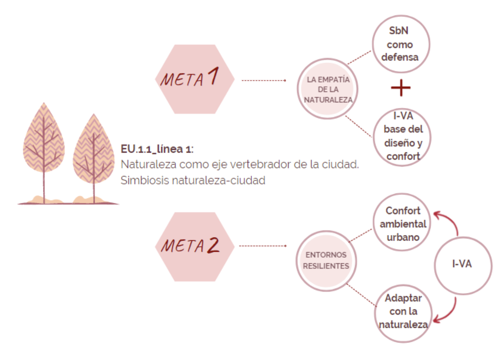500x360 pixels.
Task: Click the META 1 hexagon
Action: pyautogui.click(x=194, y=79)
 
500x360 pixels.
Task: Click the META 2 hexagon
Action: pyautogui.click(x=194, y=247)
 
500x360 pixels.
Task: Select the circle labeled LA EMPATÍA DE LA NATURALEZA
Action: pyautogui.click(x=328, y=89)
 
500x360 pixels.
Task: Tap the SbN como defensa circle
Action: pyautogui.click(x=401, y=44)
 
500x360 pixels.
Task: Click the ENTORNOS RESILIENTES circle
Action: pyautogui.click(x=326, y=260)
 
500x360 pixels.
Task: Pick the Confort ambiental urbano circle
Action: pyautogui.click(x=403, y=224)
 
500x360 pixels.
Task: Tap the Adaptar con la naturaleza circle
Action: pyautogui.click(x=403, y=312)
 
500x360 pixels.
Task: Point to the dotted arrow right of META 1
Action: pyautogui.click(x=263, y=80)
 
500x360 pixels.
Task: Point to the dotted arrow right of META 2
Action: pyautogui.click(x=263, y=246)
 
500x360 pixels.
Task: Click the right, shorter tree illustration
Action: pyautogui.click(x=94, y=157)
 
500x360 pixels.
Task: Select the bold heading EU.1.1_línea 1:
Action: pyautogui.click(x=157, y=149)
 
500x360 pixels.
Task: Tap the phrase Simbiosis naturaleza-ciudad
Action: pyautogui.click(x=193, y=180)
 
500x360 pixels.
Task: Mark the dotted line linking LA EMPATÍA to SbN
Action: pyautogui.click(x=360, y=57)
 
